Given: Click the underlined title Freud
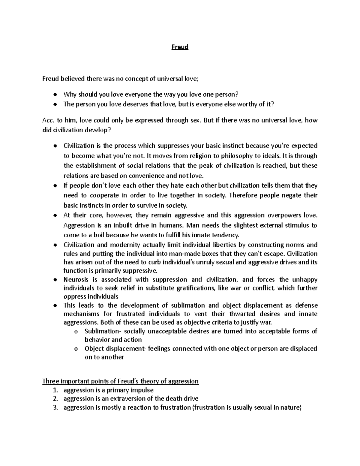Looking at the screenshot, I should [x=180, y=47].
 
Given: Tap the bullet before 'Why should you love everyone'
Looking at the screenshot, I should [x=55, y=95].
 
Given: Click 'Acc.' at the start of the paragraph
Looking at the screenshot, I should [x=48, y=120].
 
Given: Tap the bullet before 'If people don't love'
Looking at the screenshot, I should [x=55, y=186].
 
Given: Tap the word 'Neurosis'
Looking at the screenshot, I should [x=76, y=279].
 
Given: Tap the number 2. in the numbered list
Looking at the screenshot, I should [x=55, y=398].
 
